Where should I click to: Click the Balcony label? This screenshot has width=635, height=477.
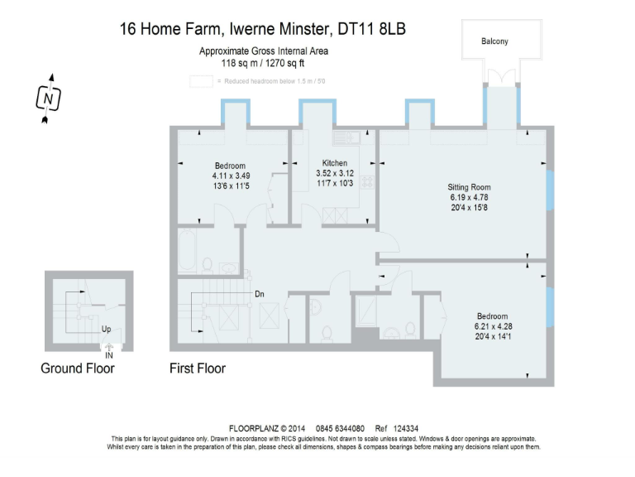click(x=494, y=41)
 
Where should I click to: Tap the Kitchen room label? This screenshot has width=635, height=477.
click(x=335, y=163)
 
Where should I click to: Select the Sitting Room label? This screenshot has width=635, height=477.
click(x=469, y=187)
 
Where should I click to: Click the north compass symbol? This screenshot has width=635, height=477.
click(x=48, y=99)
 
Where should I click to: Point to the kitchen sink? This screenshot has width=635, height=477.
click(x=346, y=138)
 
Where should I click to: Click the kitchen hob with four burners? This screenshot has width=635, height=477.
click(x=367, y=181)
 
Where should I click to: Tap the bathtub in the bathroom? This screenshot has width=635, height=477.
click(x=187, y=250)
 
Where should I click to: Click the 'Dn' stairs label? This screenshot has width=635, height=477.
click(x=259, y=294)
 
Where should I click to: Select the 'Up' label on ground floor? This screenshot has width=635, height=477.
click(x=106, y=329)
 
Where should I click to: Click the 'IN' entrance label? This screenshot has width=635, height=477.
click(x=109, y=356)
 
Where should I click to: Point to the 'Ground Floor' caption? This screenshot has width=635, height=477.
click(x=78, y=369)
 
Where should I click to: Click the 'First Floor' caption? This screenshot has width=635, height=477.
click(x=198, y=369)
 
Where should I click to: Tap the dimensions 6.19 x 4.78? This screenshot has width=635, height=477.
click(x=469, y=198)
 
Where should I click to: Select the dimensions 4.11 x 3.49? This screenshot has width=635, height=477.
click(x=231, y=176)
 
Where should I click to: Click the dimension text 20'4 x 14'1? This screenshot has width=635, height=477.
click(x=493, y=336)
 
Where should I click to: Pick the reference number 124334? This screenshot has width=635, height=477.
click(x=406, y=428)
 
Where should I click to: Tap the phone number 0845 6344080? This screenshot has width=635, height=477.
click(x=340, y=428)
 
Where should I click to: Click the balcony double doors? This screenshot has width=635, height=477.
click(x=501, y=78)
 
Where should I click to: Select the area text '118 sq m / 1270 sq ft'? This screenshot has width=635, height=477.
click(x=263, y=63)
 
